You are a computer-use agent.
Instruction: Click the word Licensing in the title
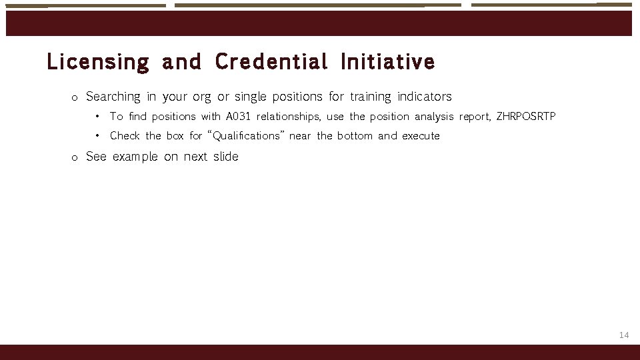(98, 63)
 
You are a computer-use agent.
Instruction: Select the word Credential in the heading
(271, 63)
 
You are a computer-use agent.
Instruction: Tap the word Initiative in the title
(387, 63)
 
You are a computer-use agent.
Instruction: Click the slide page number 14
(624, 335)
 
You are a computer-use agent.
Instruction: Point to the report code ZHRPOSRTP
(526, 117)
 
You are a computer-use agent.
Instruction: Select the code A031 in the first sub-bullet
(239, 117)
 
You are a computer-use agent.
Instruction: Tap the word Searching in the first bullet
(113, 97)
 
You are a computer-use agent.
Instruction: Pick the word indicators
(424, 97)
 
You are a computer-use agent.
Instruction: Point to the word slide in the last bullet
(225, 157)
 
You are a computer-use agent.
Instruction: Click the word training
(370, 97)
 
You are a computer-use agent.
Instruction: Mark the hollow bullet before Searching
(75, 98)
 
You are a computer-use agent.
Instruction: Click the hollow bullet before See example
(75, 158)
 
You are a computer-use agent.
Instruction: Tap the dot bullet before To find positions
(97, 117)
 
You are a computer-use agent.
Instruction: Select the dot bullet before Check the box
(97, 136)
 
